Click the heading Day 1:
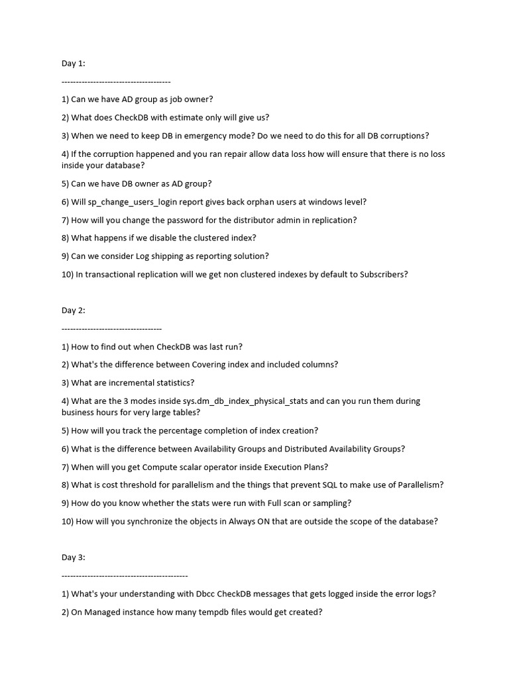[x=73, y=64]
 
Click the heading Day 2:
[x=73, y=311]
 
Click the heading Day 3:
[x=73, y=557]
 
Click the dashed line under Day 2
[x=111, y=328]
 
